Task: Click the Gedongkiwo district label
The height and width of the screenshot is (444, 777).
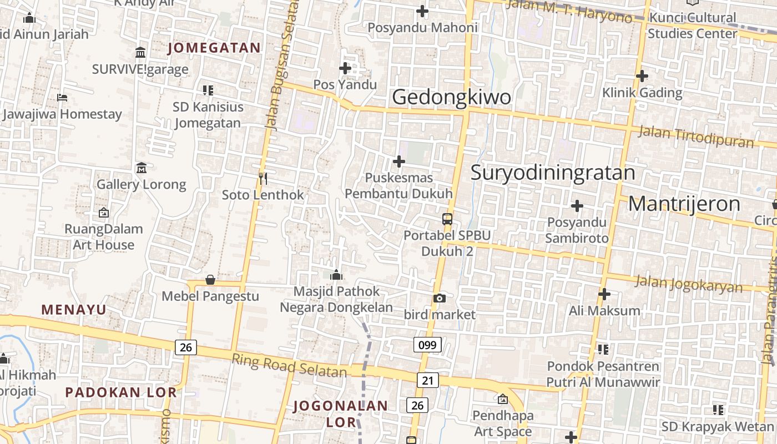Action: click(x=451, y=97)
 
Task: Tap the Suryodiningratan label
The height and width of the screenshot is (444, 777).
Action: click(x=553, y=173)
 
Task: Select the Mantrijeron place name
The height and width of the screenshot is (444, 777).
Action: click(x=684, y=204)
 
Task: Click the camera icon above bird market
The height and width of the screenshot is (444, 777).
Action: click(x=440, y=299)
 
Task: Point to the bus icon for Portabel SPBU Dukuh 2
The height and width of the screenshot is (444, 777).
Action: click(x=447, y=219)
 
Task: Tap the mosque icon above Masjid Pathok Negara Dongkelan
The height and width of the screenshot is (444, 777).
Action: click(x=336, y=275)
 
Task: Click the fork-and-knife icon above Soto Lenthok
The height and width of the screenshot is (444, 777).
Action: click(x=263, y=178)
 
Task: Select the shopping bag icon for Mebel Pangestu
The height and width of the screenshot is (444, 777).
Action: click(x=210, y=280)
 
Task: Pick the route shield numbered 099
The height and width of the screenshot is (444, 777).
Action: click(x=427, y=345)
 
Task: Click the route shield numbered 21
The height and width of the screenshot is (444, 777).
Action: click(x=427, y=380)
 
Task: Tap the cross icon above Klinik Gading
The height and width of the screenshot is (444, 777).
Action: click(x=642, y=76)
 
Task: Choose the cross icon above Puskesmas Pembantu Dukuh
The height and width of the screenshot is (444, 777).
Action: click(x=398, y=162)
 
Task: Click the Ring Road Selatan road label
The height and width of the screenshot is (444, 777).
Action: click(x=289, y=366)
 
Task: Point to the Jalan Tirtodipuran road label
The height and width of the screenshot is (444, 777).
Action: click(x=697, y=136)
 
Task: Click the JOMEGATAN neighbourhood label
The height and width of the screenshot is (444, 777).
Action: click(x=214, y=48)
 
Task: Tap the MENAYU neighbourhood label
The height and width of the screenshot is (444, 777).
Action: click(x=74, y=310)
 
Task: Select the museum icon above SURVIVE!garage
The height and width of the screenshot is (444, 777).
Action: click(x=140, y=53)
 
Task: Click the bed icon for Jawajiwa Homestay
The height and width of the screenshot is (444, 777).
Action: click(x=62, y=98)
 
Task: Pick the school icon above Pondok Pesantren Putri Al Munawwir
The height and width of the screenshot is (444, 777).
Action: click(x=603, y=350)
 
